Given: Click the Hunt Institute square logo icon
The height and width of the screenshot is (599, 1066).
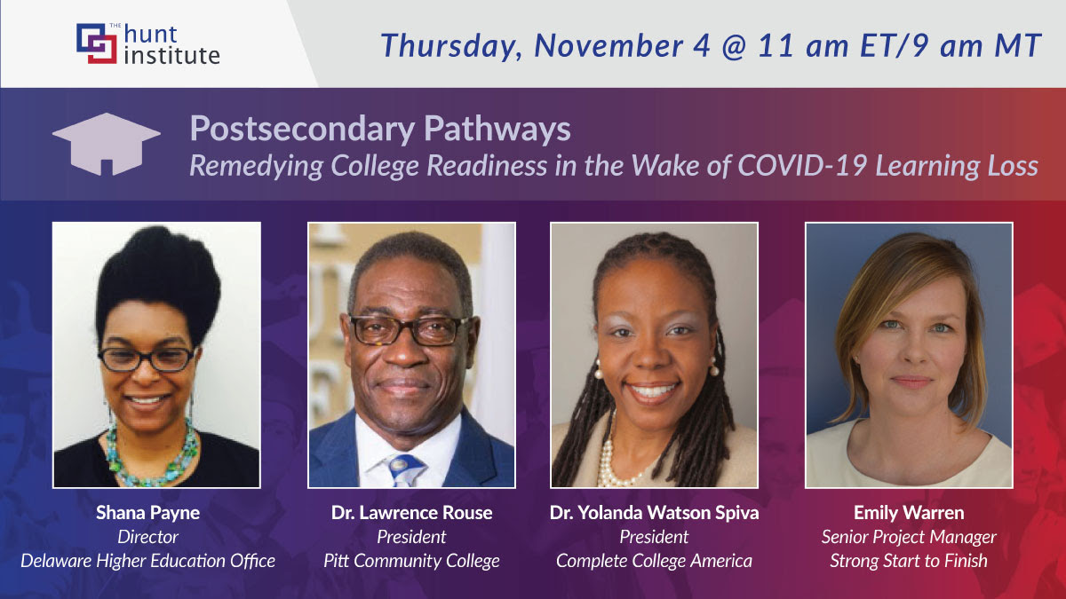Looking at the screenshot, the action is click(x=97, y=43).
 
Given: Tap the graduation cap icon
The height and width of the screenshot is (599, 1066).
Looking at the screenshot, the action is click(x=106, y=144).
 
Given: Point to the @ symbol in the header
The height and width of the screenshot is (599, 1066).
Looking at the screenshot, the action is click(x=734, y=46).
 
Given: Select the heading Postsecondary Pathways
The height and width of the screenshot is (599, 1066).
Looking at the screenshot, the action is click(x=380, y=129).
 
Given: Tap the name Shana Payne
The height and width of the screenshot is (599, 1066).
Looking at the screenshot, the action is click(x=148, y=513).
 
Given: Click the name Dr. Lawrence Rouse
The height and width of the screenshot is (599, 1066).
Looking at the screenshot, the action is click(x=411, y=513).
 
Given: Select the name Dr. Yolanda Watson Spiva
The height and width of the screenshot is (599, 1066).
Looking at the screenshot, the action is click(x=654, y=513).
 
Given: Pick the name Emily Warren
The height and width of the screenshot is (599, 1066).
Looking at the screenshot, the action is click(x=909, y=513).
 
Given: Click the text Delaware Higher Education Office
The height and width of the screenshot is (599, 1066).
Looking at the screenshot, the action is click(x=148, y=561).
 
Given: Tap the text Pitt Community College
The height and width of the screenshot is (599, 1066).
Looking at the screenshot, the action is click(x=411, y=561).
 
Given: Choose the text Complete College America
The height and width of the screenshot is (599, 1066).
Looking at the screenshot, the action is click(x=654, y=561).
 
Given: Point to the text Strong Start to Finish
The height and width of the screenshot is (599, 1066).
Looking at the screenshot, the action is click(x=909, y=561).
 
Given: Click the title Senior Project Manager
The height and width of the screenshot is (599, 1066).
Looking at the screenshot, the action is click(x=909, y=537).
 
